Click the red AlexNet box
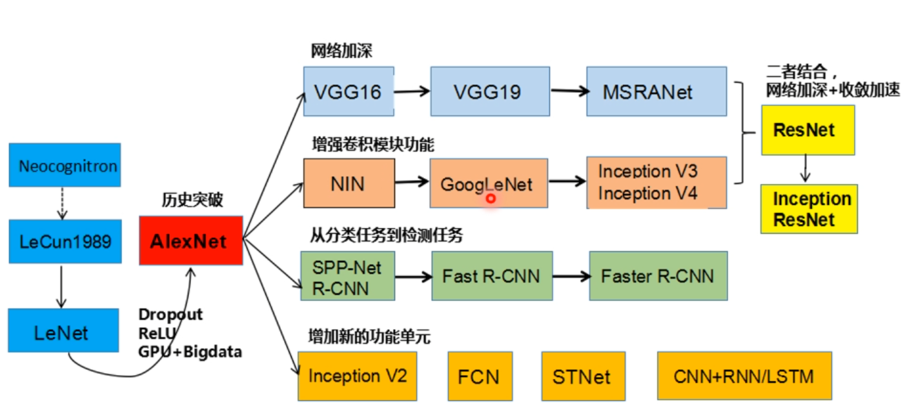coord(191,241)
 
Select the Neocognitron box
coord(65,165)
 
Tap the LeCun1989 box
coord(65,241)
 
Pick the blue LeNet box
coord(63,331)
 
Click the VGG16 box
coord(349,91)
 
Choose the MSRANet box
coord(656,91)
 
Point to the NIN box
coord(349,183)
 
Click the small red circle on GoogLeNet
coord(491,198)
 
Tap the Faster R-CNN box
coord(657,276)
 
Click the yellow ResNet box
coord(807,130)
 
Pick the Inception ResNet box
coord(808,209)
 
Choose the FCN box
coord(480,376)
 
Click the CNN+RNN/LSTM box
coord(744,376)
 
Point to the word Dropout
coord(170,314)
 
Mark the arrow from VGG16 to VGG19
coord(412,92)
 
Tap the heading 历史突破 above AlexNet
coord(192,200)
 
